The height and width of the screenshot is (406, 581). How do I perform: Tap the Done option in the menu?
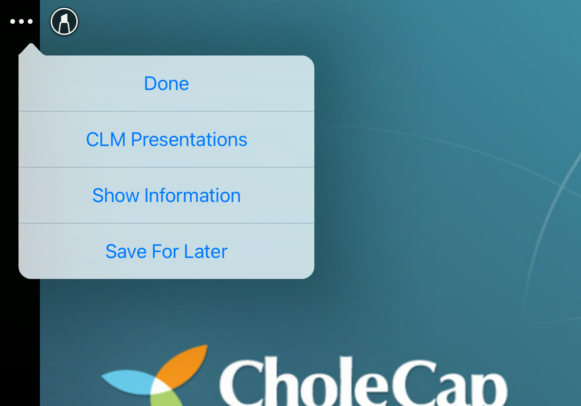166,83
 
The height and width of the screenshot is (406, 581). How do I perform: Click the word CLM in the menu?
106,140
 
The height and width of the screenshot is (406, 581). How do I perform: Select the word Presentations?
189,140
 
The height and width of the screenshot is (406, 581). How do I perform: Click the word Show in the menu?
116,195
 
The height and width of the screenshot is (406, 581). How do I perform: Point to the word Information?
192,195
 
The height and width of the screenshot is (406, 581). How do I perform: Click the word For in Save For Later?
165,251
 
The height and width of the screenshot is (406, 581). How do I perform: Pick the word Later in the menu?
206,251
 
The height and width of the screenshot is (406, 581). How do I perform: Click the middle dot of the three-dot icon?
21,21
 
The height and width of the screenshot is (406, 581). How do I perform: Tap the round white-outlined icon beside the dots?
64,21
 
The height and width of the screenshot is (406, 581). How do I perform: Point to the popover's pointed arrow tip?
31,44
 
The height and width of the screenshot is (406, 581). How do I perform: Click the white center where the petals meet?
161,388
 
